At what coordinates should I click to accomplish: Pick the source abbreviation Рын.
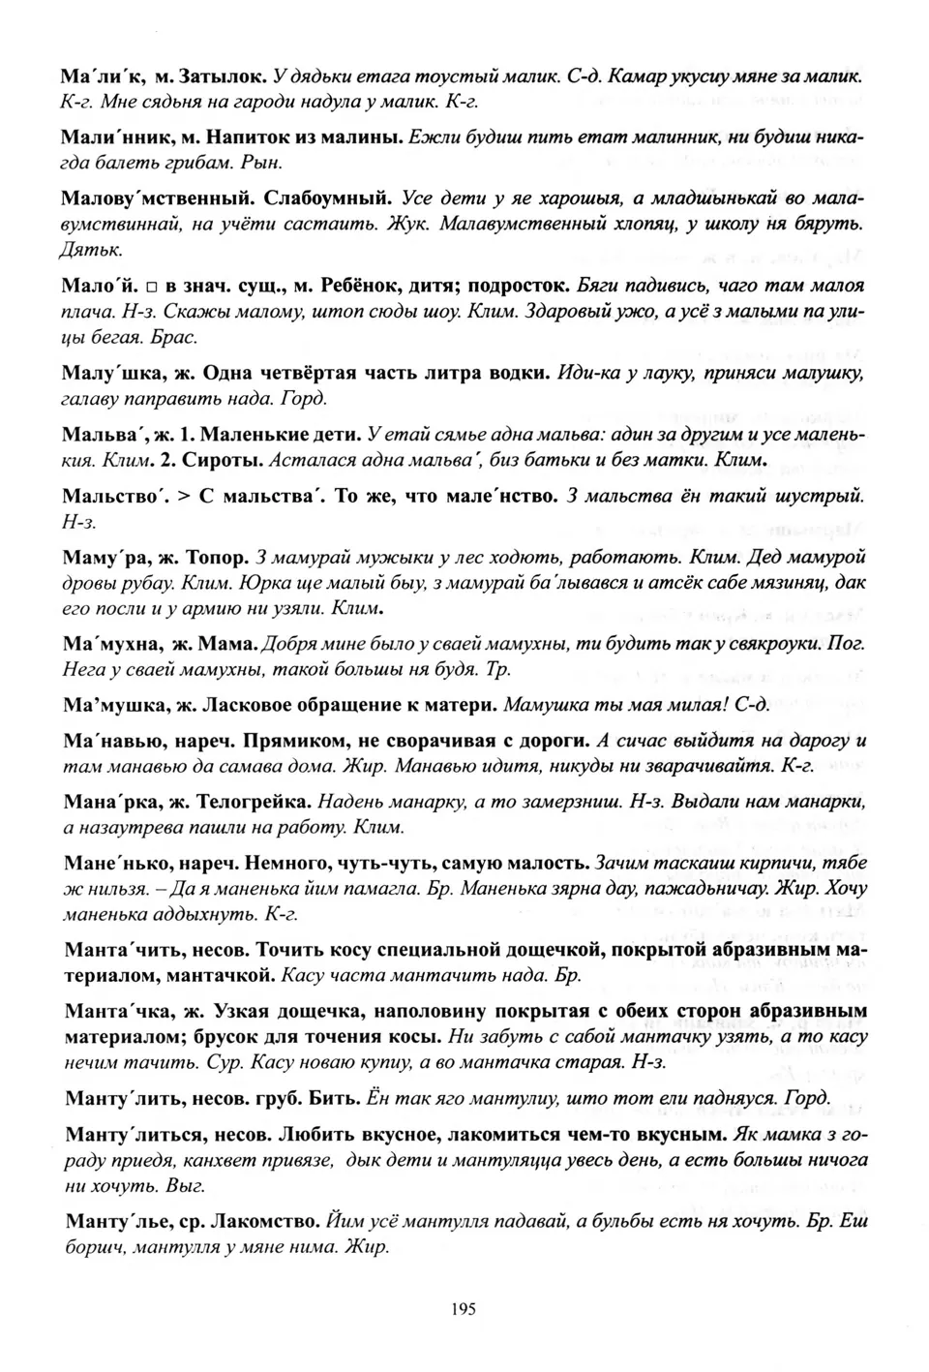(239, 164)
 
